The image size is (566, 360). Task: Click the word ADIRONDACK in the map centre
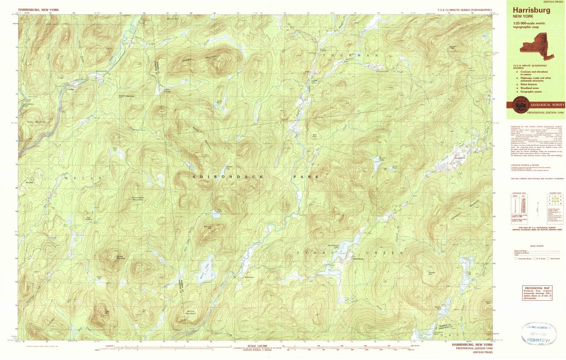tap(228, 176)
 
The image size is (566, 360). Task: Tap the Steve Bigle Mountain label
tap(137, 199)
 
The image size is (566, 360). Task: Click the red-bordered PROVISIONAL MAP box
tap(536, 293)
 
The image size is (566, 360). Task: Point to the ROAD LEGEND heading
tap(537, 246)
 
